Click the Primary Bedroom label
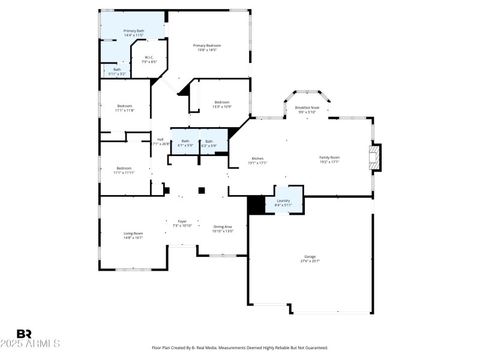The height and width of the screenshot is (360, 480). point(207,46)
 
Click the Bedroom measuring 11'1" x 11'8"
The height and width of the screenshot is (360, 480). point(125,106)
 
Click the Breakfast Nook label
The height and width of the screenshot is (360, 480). point(307,108)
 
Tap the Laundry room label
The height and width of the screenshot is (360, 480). point(284,201)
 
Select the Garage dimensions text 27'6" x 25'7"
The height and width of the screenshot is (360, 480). point(310,261)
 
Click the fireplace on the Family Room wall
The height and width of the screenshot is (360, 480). point(375,157)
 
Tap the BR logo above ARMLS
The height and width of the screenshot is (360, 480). point(24,334)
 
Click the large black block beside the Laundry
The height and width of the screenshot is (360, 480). point(256,205)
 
